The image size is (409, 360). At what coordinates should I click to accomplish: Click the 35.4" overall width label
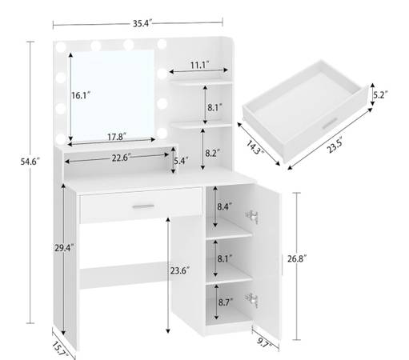tap(142, 23)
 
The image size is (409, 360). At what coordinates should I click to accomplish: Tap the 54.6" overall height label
tap(30, 162)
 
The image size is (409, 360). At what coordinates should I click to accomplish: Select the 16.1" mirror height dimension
tap(81, 95)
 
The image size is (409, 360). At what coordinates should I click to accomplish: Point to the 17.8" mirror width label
tap(117, 137)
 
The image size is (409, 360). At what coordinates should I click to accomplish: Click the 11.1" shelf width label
tap(199, 65)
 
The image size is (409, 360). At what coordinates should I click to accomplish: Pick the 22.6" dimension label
tap(121, 158)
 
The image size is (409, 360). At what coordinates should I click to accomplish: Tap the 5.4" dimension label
tap(181, 161)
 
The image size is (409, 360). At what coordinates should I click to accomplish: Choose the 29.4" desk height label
tap(64, 248)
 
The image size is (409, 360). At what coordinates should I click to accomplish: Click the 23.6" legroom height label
tap(180, 270)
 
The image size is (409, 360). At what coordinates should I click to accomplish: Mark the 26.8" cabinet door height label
tap(297, 258)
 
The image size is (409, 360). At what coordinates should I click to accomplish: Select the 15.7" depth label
tap(59, 349)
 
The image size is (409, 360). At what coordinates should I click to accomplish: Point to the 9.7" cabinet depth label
tap(263, 342)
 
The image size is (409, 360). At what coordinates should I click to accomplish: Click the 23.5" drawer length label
tap(335, 146)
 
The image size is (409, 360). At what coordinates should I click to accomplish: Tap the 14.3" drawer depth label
tap(255, 147)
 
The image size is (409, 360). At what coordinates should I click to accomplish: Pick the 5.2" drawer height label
tap(380, 94)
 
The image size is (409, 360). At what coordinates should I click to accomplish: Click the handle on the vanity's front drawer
tap(143, 206)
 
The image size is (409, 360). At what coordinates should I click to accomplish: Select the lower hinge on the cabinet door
tap(252, 300)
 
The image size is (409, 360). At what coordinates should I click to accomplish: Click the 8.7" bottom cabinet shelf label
tap(226, 302)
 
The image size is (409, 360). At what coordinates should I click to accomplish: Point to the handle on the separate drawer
tap(331, 124)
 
